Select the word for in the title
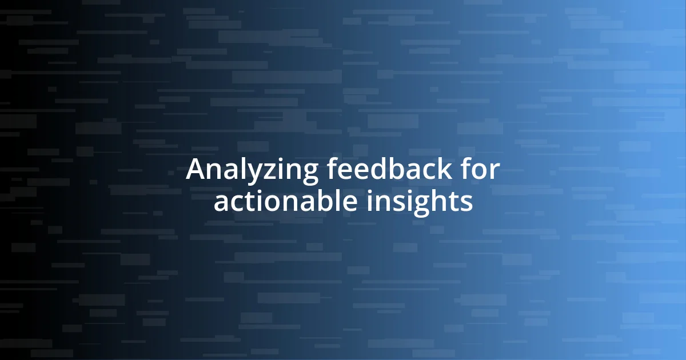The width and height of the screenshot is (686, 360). (x=482, y=170)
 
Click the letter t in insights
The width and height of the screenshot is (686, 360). (x=451, y=202)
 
